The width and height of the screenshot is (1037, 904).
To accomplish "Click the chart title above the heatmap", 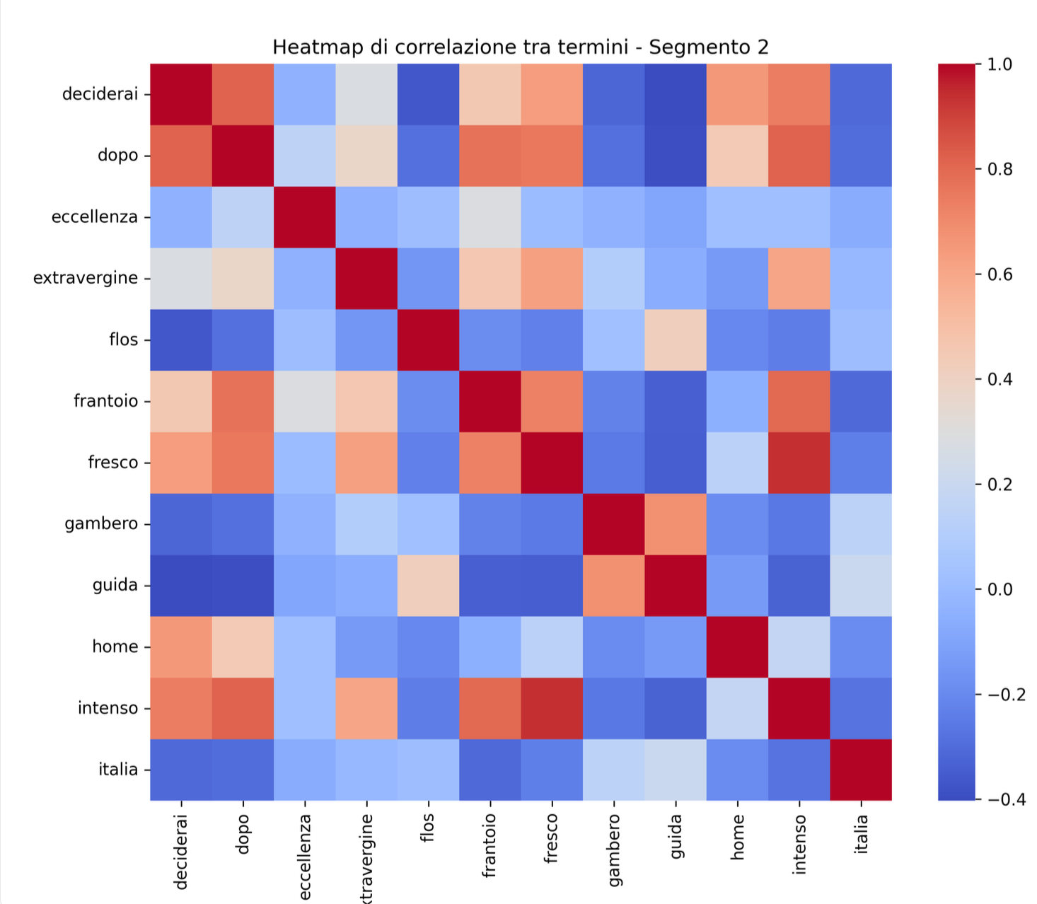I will (520, 47).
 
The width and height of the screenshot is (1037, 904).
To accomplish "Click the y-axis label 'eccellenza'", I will (94, 217).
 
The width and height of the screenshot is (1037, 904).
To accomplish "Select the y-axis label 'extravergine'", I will (86, 278).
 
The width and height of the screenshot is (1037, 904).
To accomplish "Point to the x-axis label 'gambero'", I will (614, 850).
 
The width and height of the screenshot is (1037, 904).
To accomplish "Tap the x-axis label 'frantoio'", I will (489, 845).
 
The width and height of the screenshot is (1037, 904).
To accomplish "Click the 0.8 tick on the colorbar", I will (1000, 169).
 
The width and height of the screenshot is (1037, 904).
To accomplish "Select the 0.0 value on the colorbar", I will (1000, 589).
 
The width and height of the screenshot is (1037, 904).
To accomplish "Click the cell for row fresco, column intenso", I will (799, 463).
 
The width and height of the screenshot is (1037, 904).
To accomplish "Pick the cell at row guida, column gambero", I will (614, 586).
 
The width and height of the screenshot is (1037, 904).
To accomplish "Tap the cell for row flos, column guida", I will (676, 340).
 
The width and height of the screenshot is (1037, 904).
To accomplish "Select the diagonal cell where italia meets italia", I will (861, 770).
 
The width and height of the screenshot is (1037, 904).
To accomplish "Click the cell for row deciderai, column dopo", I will (243, 94).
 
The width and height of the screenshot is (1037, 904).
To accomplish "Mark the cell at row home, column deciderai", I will (181, 647).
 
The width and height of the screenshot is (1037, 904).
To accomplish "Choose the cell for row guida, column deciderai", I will (181, 586).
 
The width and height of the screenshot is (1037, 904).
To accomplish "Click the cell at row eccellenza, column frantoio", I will (490, 217).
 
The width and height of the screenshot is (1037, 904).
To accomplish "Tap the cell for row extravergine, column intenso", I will (799, 279).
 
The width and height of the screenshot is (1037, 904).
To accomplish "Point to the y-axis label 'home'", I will (115, 647).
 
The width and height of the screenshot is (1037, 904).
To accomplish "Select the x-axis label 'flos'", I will (427, 828).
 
